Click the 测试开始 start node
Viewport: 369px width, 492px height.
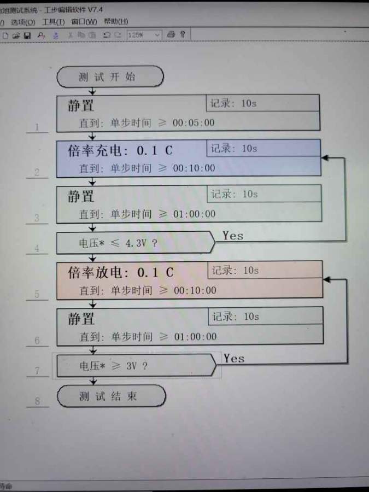(110, 77)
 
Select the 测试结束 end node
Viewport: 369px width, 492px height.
(111, 396)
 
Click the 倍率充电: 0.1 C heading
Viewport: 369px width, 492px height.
(120, 150)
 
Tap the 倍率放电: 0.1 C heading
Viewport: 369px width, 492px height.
(121, 272)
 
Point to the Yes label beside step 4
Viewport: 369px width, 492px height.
(233, 236)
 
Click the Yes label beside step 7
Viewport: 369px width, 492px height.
(234, 359)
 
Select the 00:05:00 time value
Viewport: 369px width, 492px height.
(194, 122)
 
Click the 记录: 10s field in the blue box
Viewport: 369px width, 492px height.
(234, 149)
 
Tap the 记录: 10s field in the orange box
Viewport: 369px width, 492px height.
(235, 271)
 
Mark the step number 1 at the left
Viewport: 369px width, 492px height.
(37, 127)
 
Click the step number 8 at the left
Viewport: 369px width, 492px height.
(37, 401)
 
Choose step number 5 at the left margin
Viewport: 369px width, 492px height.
(37, 294)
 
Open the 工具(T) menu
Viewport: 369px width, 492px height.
(53, 22)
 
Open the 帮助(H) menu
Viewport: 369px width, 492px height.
(115, 21)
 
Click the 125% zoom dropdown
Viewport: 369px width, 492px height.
(144, 34)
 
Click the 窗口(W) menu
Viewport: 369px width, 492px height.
(84, 22)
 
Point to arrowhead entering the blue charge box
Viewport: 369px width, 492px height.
(324, 157)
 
